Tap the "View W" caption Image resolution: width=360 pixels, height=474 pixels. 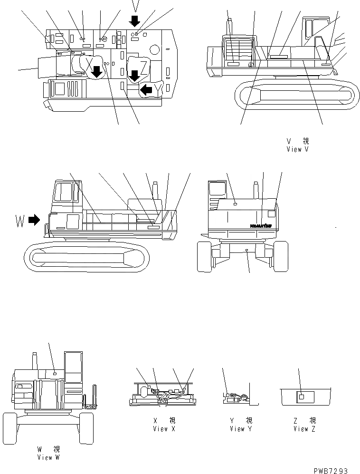(x=48, y=457)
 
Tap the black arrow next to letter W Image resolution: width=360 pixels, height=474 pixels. (x=34, y=220)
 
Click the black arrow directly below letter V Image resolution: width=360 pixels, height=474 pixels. (x=135, y=20)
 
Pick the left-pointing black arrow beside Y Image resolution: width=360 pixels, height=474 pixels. (x=146, y=89)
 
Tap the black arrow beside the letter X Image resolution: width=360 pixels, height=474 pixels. (x=96, y=72)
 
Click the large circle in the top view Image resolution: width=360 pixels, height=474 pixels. (x=154, y=49)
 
